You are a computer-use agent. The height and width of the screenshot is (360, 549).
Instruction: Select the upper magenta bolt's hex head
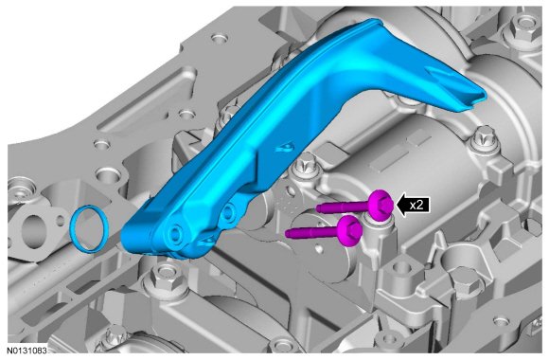pyautogui.click(x=382, y=205)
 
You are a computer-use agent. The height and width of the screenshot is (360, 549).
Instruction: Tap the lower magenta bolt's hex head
pyautogui.click(x=350, y=231)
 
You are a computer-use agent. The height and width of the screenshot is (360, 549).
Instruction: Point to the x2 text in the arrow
pyautogui.click(x=416, y=205)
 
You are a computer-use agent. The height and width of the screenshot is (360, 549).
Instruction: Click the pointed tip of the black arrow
pyautogui.click(x=396, y=205)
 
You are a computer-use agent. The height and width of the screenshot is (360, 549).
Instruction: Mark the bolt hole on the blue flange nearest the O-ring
pyautogui.click(x=174, y=232)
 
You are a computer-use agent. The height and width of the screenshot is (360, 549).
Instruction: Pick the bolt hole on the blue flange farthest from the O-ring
pyautogui.click(x=227, y=210)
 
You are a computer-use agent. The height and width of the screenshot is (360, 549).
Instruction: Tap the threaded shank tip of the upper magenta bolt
pyautogui.click(x=318, y=208)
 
